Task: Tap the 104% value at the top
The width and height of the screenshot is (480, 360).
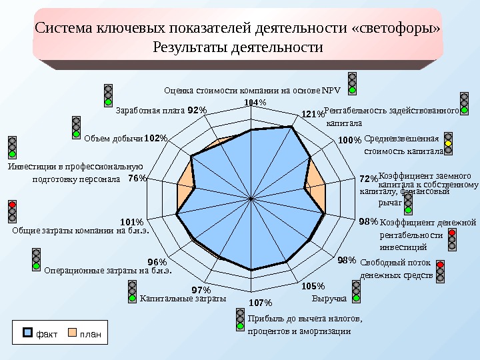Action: click(x=255, y=102)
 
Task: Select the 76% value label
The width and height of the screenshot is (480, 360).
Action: click(x=137, y=178)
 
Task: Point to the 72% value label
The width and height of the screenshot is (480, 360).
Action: click(x=368, y=179)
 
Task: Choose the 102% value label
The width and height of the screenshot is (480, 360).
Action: click(x=155, y=138)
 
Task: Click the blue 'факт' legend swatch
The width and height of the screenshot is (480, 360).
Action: click(x=28, y=332)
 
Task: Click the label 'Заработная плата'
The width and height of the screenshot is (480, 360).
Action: click(x=150, y=111)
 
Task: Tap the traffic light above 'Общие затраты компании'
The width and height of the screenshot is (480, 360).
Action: click(x=12, y=210)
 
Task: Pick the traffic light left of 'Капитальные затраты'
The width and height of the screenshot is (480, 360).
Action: click(x=132, y=291)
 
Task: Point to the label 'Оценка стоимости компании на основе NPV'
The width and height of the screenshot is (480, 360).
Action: click(x=251, y=90)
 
